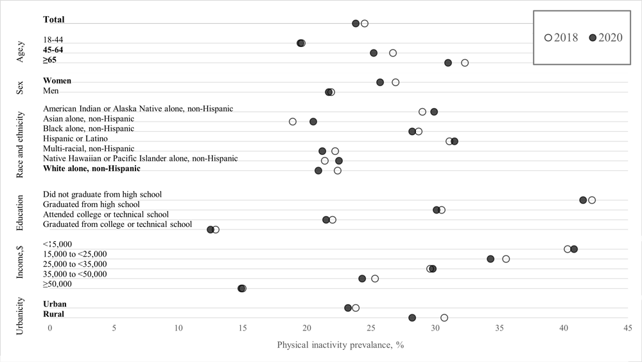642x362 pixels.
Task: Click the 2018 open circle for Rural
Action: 444,318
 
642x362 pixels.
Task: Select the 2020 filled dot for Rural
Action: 412,318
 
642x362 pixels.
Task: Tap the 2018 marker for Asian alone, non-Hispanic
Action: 293,122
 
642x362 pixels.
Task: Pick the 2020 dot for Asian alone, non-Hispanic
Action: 313,122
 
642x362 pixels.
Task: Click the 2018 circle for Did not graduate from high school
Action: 592,200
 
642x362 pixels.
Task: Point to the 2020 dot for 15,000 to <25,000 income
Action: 490,259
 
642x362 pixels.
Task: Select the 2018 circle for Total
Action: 365,24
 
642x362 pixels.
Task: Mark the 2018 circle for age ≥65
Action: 465,63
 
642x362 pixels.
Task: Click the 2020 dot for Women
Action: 380,82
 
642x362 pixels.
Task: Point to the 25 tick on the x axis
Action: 371,328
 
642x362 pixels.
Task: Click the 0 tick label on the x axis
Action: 49,328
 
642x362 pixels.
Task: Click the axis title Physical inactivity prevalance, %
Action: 340,345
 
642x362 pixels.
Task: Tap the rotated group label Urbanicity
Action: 21,314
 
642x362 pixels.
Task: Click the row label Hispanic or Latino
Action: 75,139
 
